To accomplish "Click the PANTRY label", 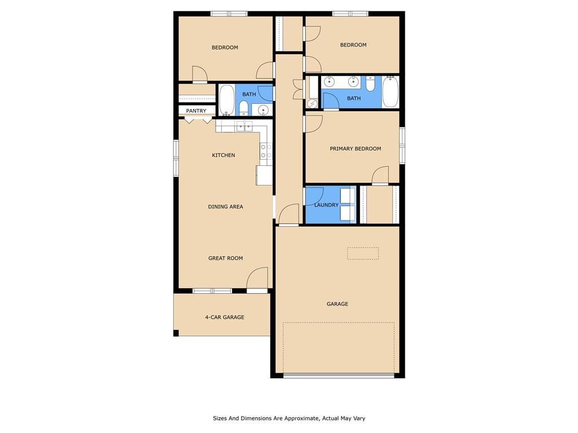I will pyautogui.click(x=196, y=111).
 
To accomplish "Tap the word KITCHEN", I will pyautogui.click(x=224, y=155).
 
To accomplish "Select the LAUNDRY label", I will pyautogui.click(x=326, y=205).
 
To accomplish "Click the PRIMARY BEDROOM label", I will pyautogui.click(x=356, y=149).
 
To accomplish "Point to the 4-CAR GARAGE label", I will pyautogui.click(x=225, y=317).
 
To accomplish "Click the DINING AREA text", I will pyautogui.click(x=226, y=207).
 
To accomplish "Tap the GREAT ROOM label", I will pyautogui.click(x=226, y=258).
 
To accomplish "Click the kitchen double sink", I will pyautogui.click(x=244, y=126).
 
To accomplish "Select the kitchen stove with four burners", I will pyautogui.click(x=266, y=151).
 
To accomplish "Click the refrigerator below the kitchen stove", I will pyautogui.click(x=264, y=175).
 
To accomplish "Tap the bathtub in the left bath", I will pyautogui.click(x=226, y=100).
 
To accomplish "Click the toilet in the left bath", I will pyautogui.click(x=243, y=107).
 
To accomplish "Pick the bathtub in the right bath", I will pyautogui.click(x=391, y=92).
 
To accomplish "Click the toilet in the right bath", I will pyautogui.click(x=370, y=85).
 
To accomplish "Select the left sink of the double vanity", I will pyautogui.click(x=330, y=82).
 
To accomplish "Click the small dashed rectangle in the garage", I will pyautogui.click(x=362, y=253).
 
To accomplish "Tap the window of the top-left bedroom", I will pyautogui.click(x=229, y=14).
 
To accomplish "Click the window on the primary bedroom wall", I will pyautogui.click(x=402, y=145).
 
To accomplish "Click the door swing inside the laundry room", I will pyautogui.click(x=313, y=196).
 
